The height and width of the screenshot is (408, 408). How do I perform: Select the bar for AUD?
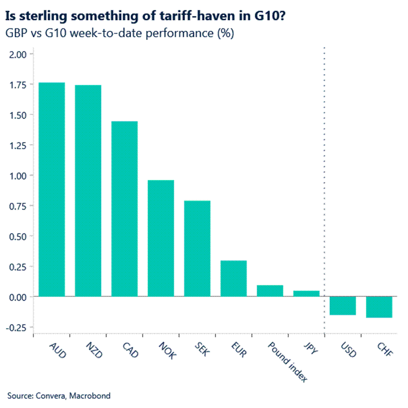coord(52,189)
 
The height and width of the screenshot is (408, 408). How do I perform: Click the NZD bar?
coord(88,191)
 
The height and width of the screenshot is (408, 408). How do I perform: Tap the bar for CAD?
coord(124,208)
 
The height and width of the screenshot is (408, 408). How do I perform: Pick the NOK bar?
coord(161,238)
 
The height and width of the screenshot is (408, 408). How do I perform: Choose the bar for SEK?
coord(197,248)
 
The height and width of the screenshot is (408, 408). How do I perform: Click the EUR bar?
coord(234,278)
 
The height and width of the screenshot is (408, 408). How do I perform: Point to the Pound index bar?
coord(270,291)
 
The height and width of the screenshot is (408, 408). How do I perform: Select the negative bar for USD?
coord(343,306)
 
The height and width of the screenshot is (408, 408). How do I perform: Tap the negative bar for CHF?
coord(379,307)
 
